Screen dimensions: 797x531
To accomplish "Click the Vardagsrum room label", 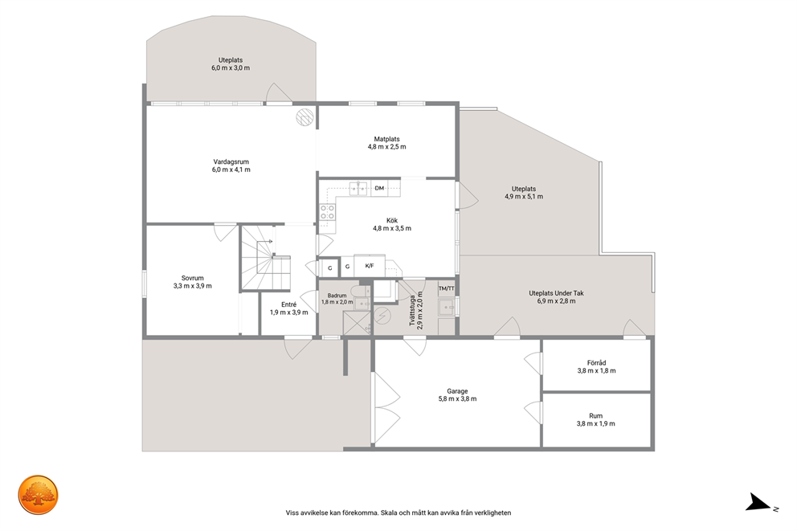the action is (231, 162).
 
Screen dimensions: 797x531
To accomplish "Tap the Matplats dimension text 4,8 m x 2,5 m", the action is (386, 147).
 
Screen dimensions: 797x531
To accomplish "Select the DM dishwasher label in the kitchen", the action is (379, 188).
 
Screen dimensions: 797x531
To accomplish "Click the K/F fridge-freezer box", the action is (370, 266).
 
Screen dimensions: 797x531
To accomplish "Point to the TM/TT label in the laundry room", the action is (446, 288).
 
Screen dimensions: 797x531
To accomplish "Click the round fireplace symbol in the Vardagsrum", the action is (305, 116).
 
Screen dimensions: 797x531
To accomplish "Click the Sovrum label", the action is (193, 278).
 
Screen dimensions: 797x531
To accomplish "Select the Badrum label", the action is (337, 296).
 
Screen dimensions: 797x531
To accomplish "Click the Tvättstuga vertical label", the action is (412, 310).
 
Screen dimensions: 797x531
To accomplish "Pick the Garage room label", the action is (457, 391).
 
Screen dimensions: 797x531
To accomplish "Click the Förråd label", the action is (596, 363).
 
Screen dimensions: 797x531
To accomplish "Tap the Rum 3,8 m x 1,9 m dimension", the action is (595, 424).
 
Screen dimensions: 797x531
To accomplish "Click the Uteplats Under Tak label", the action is (556, 293).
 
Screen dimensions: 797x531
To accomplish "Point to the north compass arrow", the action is (758, 502).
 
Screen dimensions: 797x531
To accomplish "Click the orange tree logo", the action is (38, 495).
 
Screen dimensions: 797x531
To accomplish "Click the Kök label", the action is (392, 221).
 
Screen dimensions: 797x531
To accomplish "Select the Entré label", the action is (288, 304).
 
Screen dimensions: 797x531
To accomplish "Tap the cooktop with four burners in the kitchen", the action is (327, 212).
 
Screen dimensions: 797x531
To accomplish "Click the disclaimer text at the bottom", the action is (398, 513).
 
